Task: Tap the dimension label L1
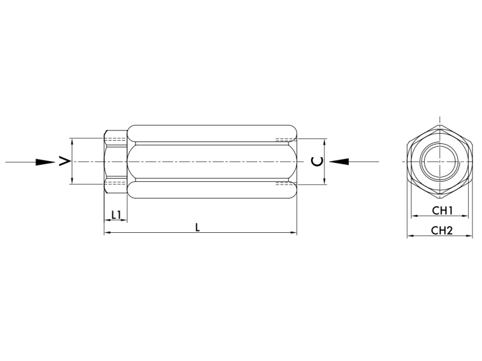[116, 214]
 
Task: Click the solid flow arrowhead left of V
[45, 162]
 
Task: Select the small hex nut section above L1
[115, 162]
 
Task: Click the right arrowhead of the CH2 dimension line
[471, 236]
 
